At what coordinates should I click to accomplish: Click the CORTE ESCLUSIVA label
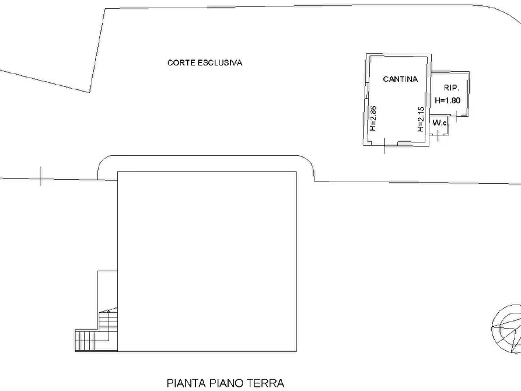[204, 63]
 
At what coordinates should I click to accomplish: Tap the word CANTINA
[400, 79]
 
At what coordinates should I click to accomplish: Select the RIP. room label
[450, 88]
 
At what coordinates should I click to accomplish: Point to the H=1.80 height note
[447, 100]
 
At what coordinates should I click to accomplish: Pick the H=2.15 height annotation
[419, 120]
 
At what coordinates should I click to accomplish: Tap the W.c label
[439, 123]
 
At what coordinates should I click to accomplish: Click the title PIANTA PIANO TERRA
[225, 383]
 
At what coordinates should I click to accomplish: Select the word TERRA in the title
[266, 383]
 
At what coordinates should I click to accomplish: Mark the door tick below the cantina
[384, 146]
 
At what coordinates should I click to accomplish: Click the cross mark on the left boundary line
[41, 176]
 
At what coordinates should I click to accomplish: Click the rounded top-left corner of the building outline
[104, 163]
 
